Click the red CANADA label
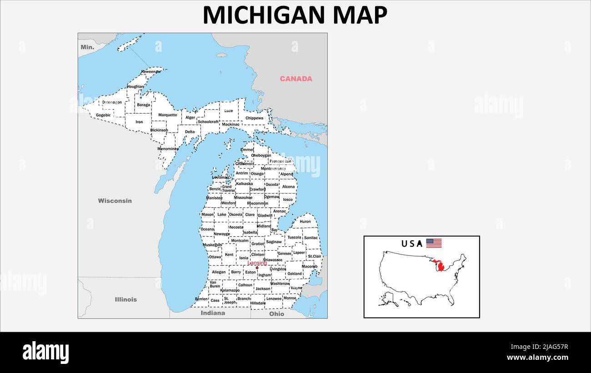pyautogui.click(x=296, y=79)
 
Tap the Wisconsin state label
pyautogui.click(x=115, y=200)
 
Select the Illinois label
pyautogui.click(x=126, y=299)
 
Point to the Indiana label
pyautogui.click(x=213, y=313)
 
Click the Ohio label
pyautogui.click(x=276, y=313)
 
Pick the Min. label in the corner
pyautogui.click(x=87, y=47)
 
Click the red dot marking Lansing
pyautogui.click(x=257, y=268)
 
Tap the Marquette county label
pyautogui.click(x=168, y=115)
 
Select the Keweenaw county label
pyautogui.click(x=151, y=72)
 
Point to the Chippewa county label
pyautogui.click(x=254, y=118)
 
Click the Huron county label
pyautogui.click(x=305, y=222)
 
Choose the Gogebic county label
pyautogui.click(x=103, y=115)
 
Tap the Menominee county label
pyautogui.click(x=168, y=149)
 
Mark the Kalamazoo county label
pyautogui.click(x=230, y=290)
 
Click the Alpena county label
pyautogui.click(x=286, y=174)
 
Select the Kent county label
pyautogui.click(x=229, y=255)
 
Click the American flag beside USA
pyautogui.click(x=434, y=243)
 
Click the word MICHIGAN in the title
pyautogui.click(x=264, y=15)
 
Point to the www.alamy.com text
pyautogui.click(x=537, y=357)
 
